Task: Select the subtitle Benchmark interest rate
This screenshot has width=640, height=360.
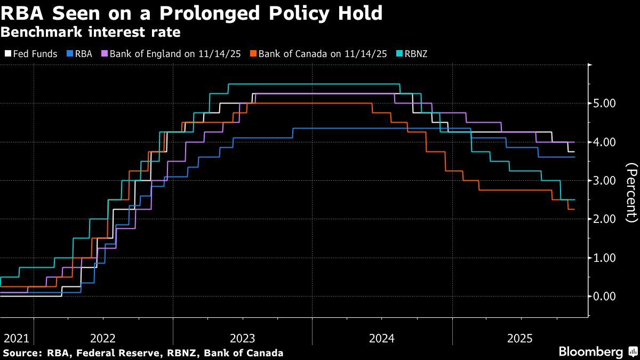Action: tap(90, 33)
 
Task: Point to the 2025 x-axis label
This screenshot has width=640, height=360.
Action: tap(520, 338)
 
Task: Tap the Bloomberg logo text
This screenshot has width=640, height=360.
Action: tap(590, 352)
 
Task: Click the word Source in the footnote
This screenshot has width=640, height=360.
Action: tap(22, 353)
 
